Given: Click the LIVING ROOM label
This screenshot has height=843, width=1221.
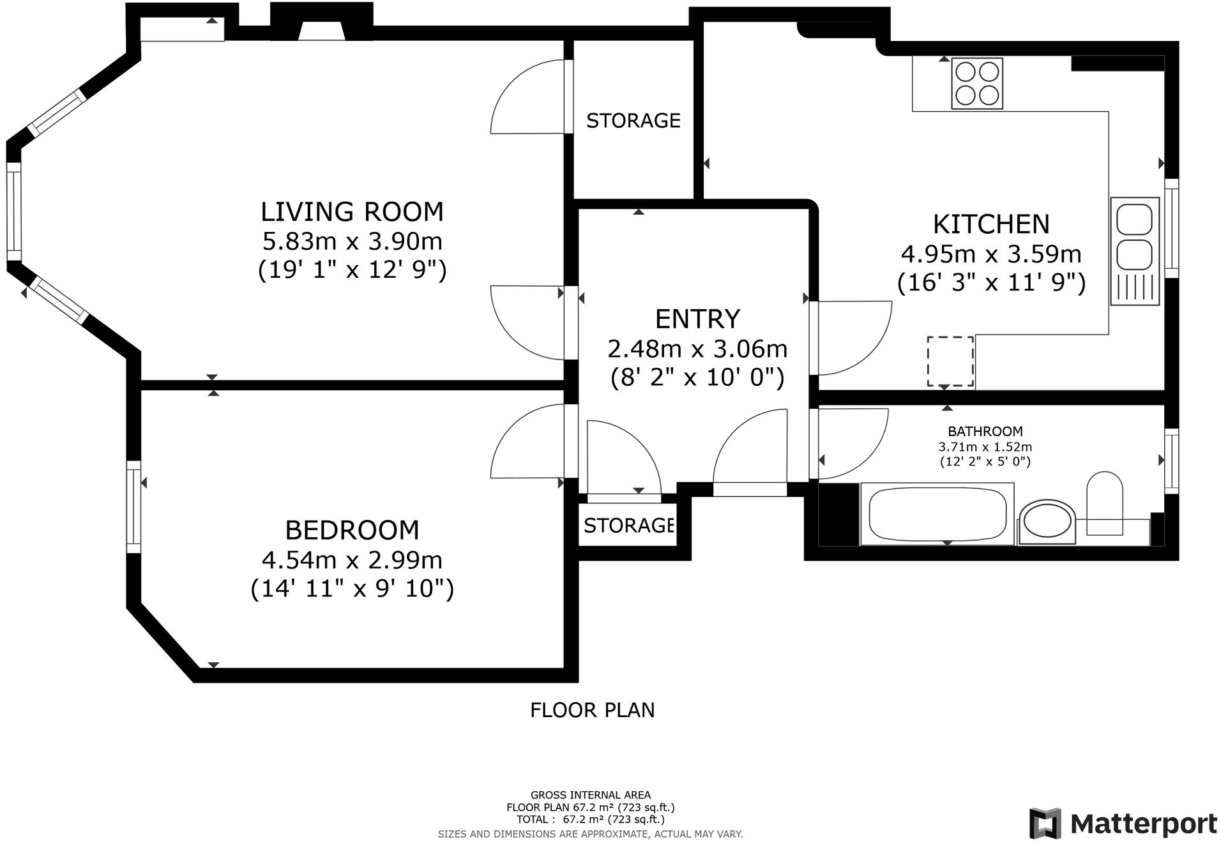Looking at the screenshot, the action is tap(352, 211).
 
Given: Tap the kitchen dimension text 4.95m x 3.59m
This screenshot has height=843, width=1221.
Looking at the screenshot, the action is tap(991, 254).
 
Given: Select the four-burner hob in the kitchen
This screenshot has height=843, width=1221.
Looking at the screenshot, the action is tap(977, 83).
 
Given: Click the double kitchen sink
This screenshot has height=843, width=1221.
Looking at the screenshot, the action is tap(1135, 251).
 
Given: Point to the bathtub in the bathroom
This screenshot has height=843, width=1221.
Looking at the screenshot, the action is tap(937, 514).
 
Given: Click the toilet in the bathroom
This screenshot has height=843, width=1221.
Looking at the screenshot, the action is tap(1104, 503).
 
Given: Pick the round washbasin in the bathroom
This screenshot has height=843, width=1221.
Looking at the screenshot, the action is tap(1047, 522).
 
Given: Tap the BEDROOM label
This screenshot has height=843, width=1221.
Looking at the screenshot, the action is tap(352, 530).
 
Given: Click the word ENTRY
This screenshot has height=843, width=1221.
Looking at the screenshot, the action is tap(697, 318).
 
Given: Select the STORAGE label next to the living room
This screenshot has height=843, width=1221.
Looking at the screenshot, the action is tap(633, 120).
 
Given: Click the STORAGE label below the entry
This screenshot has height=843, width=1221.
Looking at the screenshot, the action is tap(628, 525).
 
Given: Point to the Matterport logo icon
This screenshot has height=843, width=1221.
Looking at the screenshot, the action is tap(1045, 823).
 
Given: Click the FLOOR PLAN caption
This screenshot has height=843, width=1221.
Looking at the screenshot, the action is tap(593, 710).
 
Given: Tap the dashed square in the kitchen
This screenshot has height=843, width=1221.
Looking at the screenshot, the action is tap(950, 361).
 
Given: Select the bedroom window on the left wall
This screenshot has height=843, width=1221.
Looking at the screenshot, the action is tap(133, 506).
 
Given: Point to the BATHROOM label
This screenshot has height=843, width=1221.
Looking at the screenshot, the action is tap(985, 431).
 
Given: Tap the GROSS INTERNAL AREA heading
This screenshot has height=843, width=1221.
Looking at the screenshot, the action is tap(591, 795).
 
